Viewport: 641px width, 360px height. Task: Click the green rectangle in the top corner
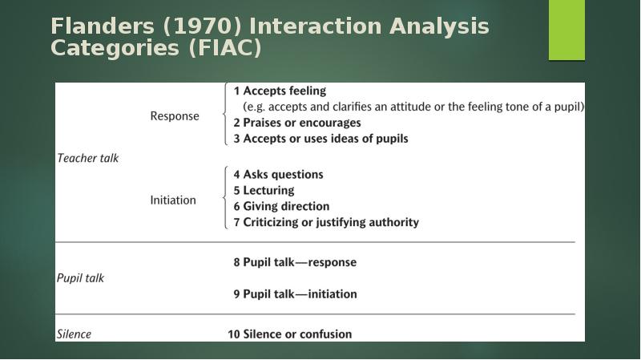[566, 30]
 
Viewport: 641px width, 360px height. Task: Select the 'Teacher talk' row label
[87, 158]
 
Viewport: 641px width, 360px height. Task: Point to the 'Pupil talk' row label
[80, 278]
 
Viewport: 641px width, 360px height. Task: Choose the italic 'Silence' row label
[74, 334]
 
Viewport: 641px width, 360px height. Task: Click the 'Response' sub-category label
[175, 115]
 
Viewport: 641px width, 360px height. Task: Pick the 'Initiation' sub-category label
[173, 200]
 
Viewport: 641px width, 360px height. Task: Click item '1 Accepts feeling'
[280, 91]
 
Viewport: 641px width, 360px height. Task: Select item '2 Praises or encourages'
[297, 123]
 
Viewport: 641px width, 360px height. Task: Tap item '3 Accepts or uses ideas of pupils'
[320, 139]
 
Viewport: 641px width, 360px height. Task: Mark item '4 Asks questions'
[278, 174]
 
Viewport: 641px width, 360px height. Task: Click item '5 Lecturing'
[264, 190]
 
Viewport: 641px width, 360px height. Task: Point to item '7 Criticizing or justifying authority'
[326, 222]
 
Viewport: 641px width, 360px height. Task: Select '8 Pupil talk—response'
[295, 262]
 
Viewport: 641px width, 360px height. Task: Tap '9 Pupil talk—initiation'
[295, 294]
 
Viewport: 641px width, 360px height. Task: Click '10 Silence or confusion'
[289, 334]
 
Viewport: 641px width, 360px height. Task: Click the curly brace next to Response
[226, 115]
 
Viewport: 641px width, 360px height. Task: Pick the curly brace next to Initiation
[226, 198]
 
